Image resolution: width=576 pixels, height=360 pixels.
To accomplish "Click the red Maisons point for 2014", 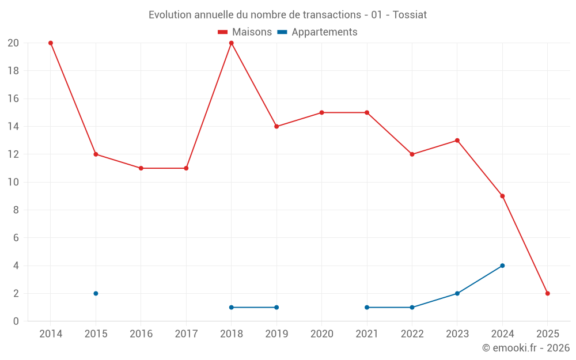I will (x=51, y=43).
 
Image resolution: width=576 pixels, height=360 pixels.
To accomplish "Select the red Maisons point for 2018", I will (x=232, y=43).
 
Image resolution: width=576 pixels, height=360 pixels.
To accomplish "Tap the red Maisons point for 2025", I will (x=547, y=293).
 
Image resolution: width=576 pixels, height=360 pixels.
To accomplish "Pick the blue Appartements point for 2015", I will (x=96, y=293).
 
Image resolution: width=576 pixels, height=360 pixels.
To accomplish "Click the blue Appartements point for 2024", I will (x=502, y=266).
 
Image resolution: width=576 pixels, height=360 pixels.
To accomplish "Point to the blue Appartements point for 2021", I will (x=367, y=307).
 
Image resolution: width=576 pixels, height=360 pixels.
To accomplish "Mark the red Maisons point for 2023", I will (x=457, y=141).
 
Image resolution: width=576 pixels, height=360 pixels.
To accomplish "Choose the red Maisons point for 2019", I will (x=276, y=127).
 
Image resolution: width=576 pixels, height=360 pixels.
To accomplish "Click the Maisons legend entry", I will (x=245, y=32).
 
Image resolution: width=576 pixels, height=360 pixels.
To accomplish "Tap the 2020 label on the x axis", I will (x=321, y=334).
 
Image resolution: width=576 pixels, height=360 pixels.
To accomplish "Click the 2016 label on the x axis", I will (x=141, y=334).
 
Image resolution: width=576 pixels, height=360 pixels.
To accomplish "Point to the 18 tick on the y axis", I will (x=13, y=71).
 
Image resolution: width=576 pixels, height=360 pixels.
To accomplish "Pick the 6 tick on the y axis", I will (x=16, y=238).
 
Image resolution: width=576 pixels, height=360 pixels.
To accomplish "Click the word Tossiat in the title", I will (x=410, y=15).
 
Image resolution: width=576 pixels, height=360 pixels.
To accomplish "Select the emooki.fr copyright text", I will (x=525, y=348).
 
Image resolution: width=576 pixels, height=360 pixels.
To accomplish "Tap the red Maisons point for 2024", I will (x=502, y=196).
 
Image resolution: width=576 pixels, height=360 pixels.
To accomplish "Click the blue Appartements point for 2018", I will (x=232, y=307).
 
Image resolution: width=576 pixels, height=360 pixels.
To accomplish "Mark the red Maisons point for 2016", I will (x=141, y=168).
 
